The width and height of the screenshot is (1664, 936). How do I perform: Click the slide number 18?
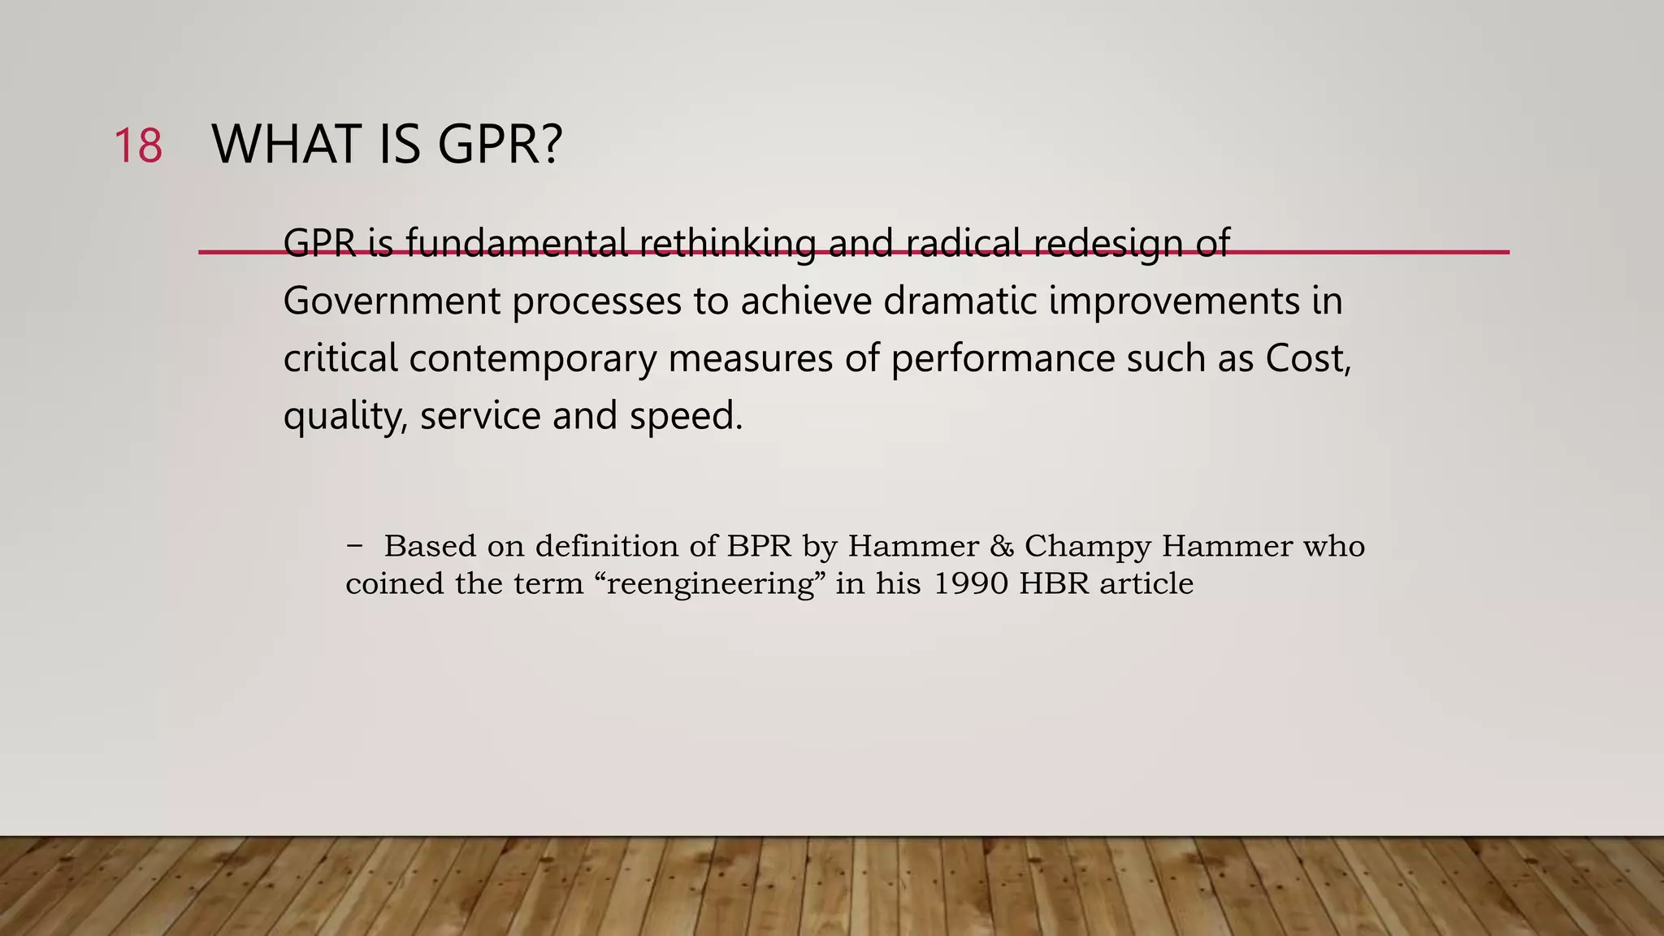[138, 146]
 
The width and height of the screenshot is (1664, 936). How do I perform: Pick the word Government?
[391, 301]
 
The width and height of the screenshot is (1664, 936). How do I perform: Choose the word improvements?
[1173, 302]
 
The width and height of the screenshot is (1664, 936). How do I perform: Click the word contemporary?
[532, 359]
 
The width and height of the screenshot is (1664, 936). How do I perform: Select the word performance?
[1003, 359]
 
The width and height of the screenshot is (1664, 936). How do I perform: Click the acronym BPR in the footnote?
[759, 546]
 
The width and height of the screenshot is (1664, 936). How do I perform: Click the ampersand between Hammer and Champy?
[1002, 546]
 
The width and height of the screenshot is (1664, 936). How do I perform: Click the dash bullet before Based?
[354, 545]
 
